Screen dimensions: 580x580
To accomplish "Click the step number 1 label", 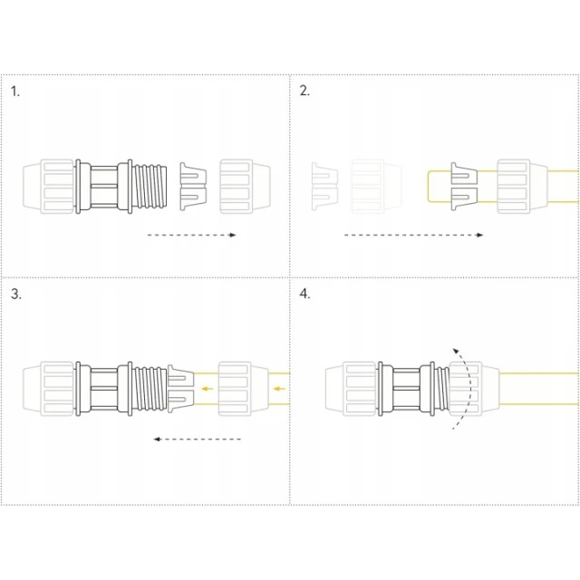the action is click(14, 92).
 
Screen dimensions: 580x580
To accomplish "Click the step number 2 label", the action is click(304, 91).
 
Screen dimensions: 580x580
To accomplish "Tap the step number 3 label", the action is click(16, 294).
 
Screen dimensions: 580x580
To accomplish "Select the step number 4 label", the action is click(304, 294).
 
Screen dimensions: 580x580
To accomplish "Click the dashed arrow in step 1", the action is click(191, 235).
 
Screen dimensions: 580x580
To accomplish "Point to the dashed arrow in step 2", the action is click(413, 235).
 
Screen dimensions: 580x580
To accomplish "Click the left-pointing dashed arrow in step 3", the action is click(198, 439).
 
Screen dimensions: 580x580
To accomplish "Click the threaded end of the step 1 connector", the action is click(150, 187).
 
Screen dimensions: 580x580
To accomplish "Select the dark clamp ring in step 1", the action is click(193, 187).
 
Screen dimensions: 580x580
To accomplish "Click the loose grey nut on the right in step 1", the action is click(245, 187).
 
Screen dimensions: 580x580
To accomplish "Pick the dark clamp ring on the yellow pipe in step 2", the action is click(464, 187).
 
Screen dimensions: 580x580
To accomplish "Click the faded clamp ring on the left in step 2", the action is click(324, 187).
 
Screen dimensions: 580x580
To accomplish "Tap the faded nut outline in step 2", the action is click(377, 187).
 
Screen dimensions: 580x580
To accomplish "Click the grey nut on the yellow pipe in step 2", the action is click(522, 187).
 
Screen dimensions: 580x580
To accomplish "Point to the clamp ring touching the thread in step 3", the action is click(181, 389).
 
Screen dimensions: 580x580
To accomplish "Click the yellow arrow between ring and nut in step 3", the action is click(208, 389).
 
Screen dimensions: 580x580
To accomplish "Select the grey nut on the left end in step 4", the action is click(351, 389).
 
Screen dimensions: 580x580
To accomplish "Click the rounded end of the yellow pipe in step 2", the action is click(429, 187).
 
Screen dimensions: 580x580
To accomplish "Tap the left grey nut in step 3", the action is click(48, 389).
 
